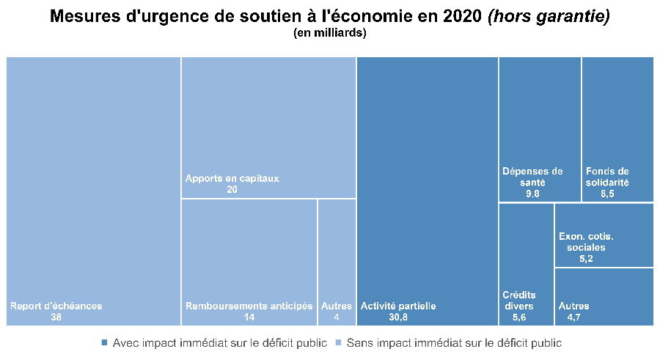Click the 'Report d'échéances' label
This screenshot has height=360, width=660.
(x=56, y=306)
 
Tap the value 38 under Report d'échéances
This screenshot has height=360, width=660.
(x=56, y=317)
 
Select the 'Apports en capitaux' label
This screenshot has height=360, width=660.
(x=232, y=178)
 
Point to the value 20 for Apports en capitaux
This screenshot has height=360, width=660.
(x=232, y=189)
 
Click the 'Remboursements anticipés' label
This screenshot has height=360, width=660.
(x=249, y=306)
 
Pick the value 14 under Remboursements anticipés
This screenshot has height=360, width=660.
(x=249, y=317)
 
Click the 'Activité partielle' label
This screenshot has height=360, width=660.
(x=398, y=306)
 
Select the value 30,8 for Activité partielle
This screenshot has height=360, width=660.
(x=398, y=317)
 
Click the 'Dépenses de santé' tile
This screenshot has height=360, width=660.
(x=540, y=128)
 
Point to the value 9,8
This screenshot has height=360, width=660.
(x=532, y=194)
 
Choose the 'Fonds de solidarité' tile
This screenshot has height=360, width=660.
(x=617, y=128)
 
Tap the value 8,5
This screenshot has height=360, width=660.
(x=608, y=194)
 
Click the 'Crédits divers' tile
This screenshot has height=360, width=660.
(x=526, y=264)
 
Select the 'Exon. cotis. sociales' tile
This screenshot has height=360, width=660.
(x=604, y=235)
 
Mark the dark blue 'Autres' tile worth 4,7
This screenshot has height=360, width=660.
(x=604, y=296)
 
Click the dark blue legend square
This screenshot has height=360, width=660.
(x=104, y=342)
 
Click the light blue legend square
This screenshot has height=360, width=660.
(x=338, y=342)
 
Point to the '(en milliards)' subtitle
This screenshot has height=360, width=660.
(x=329, y=33)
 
